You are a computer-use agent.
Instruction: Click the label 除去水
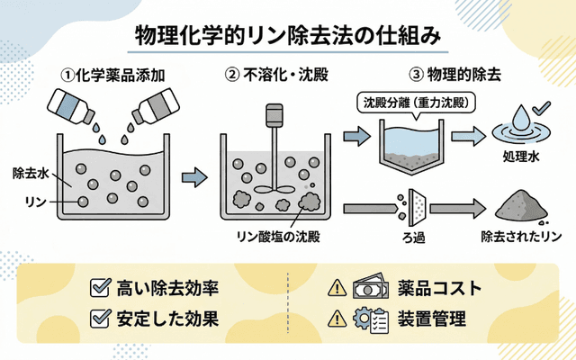click(30, 172)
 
